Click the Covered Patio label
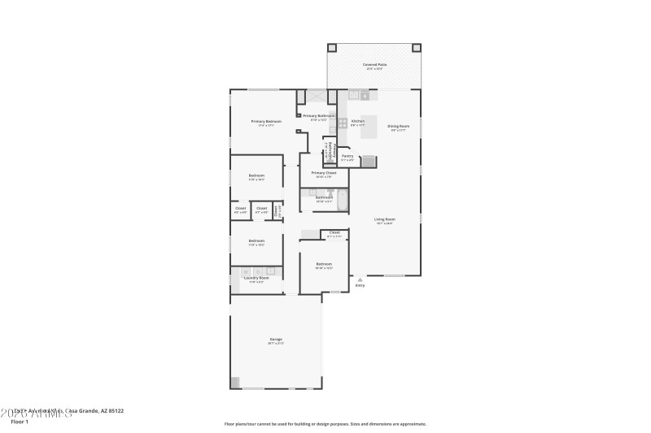pos(374,64)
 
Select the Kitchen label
pos(357,121)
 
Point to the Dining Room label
pos(398,126)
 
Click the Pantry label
pos(347,156)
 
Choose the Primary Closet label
pos(324,173)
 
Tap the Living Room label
pos(384,219)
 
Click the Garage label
pos(276,339)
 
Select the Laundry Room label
pos(256,278)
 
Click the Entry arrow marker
pos(360,279)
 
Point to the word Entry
pos(360,285)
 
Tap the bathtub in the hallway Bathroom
pos(342,197)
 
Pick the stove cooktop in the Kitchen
pos(343,123)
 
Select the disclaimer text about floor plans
pos(325,423)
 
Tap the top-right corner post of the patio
pos(417,47)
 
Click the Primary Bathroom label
pos(318,116)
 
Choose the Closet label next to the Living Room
pos(334,233)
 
